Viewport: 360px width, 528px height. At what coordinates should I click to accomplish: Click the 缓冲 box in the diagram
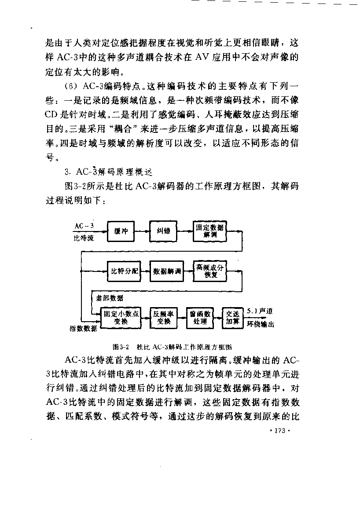(x=121, y=231)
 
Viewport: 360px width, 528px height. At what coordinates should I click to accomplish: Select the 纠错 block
(x=163, y=231)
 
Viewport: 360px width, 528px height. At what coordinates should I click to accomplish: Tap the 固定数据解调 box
(x=210, y=231)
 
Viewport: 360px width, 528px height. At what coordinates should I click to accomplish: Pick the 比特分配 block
(x=124, y=271)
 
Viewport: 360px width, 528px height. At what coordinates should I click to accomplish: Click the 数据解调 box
(x=167, y=271)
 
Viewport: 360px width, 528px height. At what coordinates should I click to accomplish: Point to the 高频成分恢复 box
(x=210, y=271)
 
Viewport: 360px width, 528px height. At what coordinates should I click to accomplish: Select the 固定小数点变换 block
(x=121, y=318)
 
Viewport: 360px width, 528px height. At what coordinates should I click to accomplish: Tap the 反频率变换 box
(x=163, y=318)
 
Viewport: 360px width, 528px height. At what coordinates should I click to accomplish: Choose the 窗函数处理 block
(x=200, y=318)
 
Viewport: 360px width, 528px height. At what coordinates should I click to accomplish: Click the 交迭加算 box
(x=232, y=318)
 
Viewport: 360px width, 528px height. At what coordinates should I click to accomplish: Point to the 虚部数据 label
(x=110, y=298)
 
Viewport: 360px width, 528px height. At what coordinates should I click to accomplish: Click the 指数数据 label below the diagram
(x=83, y=328)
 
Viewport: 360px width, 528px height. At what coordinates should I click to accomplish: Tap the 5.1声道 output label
(x=260, y=311)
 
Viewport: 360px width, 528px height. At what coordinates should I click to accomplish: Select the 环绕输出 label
(x=260, y=324)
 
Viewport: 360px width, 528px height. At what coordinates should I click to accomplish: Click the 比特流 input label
(x=84, y=238)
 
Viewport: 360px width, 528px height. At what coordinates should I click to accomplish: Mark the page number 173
(x=280, y=431)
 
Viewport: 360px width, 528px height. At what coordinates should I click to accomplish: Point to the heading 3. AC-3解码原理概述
(x=109, y=172)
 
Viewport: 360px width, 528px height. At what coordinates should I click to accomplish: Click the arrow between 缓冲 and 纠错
(x=142, y=231)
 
